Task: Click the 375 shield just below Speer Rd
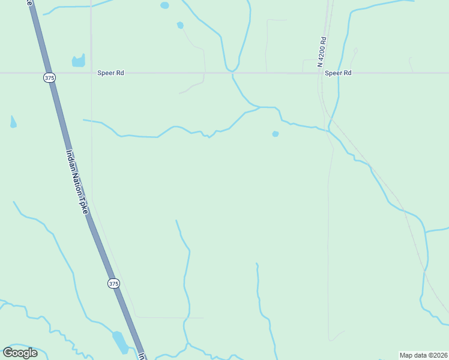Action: tap(49, 77)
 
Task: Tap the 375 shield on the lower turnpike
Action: tap(113, 283)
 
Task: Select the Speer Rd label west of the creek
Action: tap(110, 73)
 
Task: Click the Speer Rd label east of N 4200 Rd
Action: tap(338, 73)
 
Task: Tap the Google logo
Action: tap(20, 353)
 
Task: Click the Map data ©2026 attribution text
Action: tap(423, 355)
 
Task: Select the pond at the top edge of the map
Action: tap(164, 5)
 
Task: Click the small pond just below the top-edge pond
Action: tap(180, 25)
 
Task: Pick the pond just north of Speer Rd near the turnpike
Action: tap(79, 61)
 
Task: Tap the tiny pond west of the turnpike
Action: tap(13, 122)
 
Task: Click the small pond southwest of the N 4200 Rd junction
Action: tap(276, 134)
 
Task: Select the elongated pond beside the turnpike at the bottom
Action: tap(119, 342)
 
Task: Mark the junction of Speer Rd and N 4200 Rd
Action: tap(319, 73)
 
